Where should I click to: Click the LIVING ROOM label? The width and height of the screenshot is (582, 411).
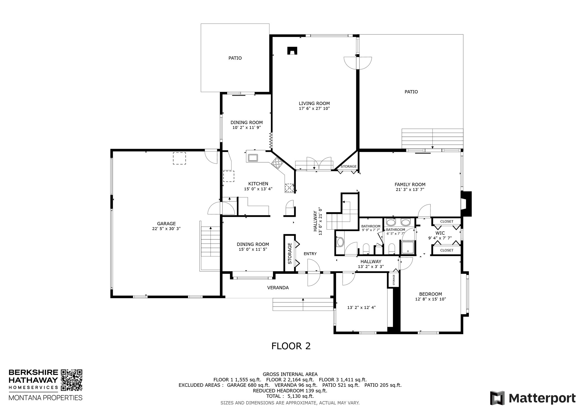click(x=314, y=104)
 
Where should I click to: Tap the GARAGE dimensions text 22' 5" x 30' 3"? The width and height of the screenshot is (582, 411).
click(x=166, y=229)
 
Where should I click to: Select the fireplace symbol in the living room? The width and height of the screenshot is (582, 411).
click(x=292, y=51)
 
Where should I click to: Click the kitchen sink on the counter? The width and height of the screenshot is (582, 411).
click(x=253, y=158)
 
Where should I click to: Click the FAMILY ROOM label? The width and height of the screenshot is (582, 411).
click(x=410, y=185)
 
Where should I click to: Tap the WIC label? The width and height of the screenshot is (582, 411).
click(x=440, y=233)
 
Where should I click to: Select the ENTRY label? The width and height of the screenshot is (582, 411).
click(x=310, y=254)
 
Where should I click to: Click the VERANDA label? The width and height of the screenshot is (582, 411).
click(x=278, y=288)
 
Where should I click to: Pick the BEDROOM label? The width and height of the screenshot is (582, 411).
click(x=430, y=294)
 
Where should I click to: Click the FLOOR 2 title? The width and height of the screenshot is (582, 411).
click(x=291, y=346)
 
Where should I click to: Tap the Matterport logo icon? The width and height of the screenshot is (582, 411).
click(x=497, y=398)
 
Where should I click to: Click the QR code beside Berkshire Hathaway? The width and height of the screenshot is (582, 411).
click(x=71, y=380)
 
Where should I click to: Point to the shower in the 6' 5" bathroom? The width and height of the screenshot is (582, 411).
click(x=408, y=247)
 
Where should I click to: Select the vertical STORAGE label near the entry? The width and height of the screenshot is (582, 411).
click(x=290, y=253)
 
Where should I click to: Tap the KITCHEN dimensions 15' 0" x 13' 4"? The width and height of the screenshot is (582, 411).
click(x=258, y=189)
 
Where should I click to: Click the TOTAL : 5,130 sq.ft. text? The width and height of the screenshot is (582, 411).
click(x=290, y=396)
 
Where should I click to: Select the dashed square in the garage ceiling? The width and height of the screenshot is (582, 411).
click(x=179, y=159)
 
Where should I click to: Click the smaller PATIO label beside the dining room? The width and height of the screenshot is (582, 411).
click(x=235, y=58)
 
